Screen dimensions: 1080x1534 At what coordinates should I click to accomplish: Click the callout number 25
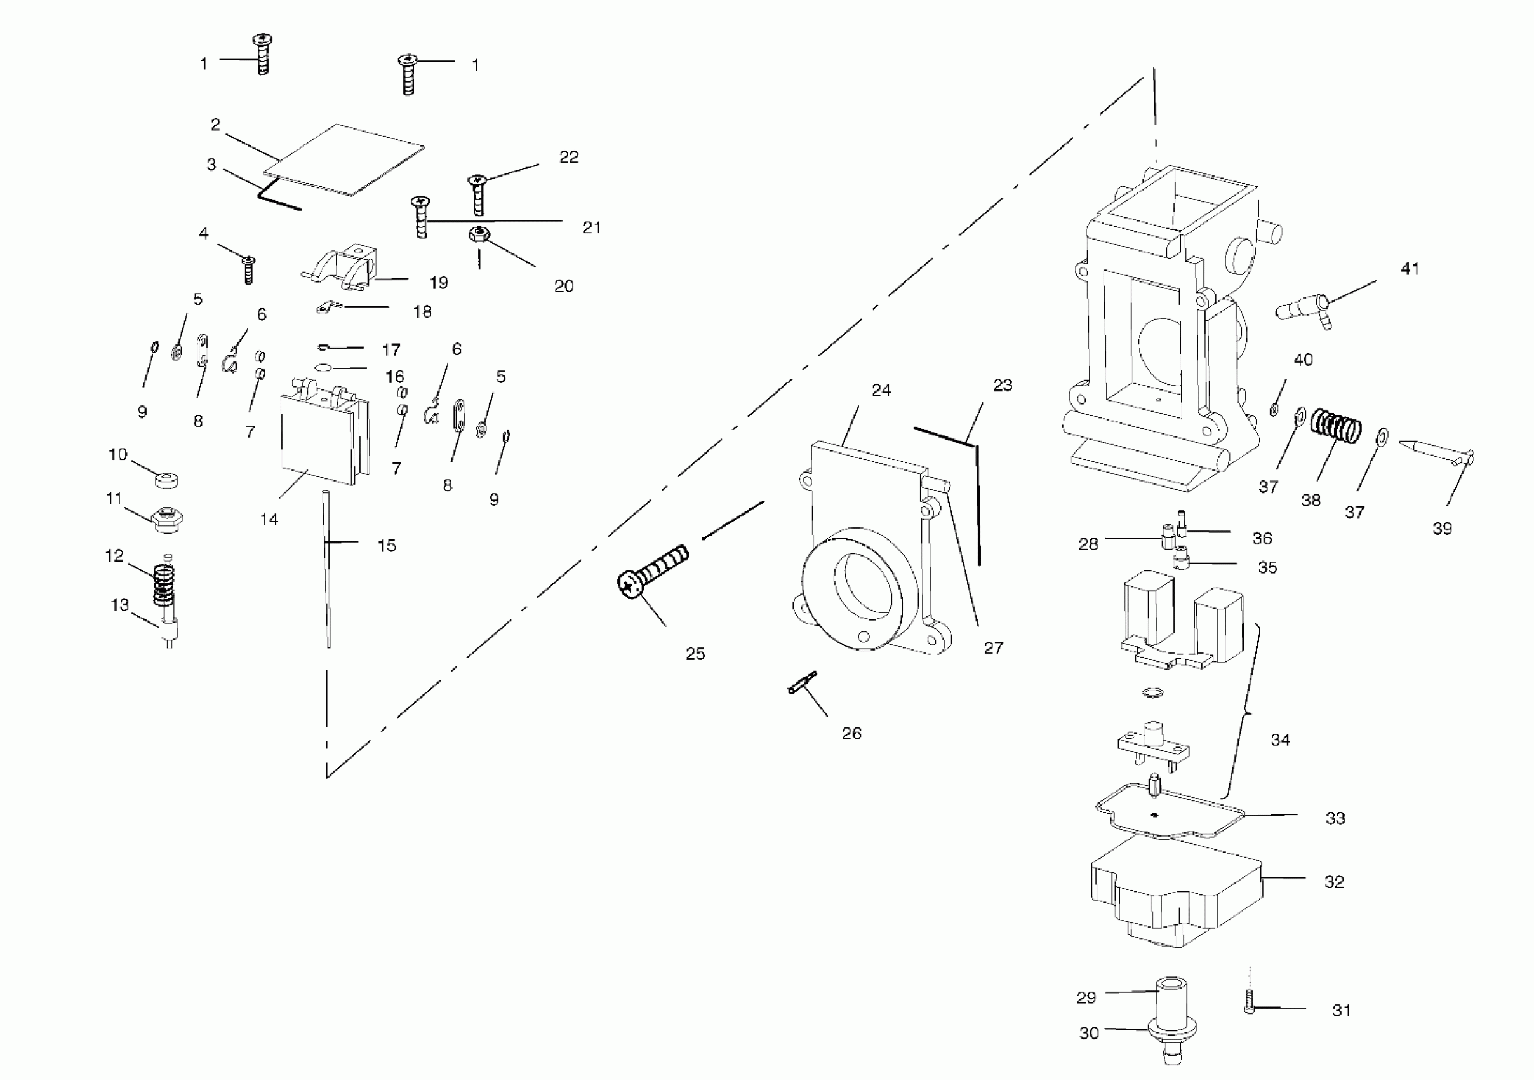click(x=695, y=654)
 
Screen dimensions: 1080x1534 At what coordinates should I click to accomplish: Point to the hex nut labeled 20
click(x=478, y=234)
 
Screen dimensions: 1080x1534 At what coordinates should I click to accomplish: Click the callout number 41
click(x=1410, y=269)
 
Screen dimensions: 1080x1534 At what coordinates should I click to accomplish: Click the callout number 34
click(x=1280, y=740)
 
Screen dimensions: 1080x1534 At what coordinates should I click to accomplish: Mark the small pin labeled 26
click(x=802, y=682)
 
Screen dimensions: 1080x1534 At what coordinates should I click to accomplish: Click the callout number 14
click(x=269, y=519)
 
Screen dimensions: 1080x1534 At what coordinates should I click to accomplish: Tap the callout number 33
click(x=1335, y=818)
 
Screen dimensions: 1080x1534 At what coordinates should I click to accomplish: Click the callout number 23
click(x=1002, y=386)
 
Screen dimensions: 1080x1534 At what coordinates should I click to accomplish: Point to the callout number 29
click(x=1086, y=998)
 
